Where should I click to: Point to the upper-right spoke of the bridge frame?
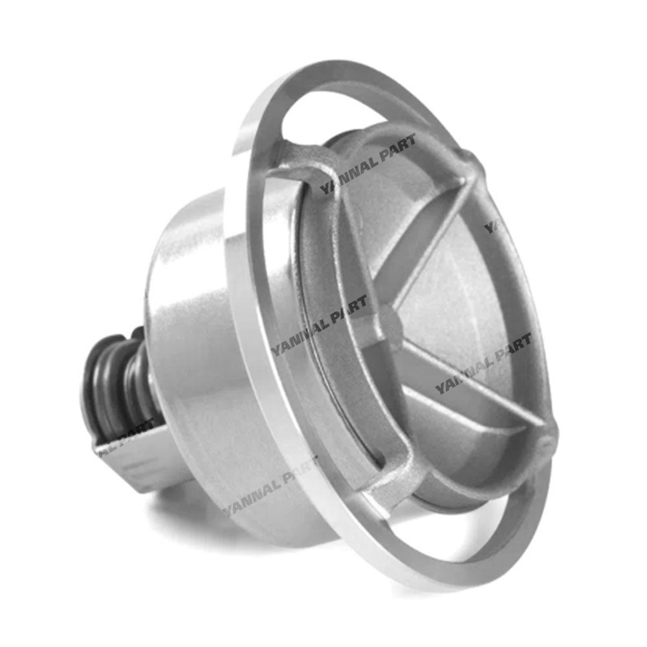pos(440,239)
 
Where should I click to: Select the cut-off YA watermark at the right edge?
pos(492,226)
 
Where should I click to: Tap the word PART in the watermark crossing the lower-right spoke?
pos(508,353)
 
